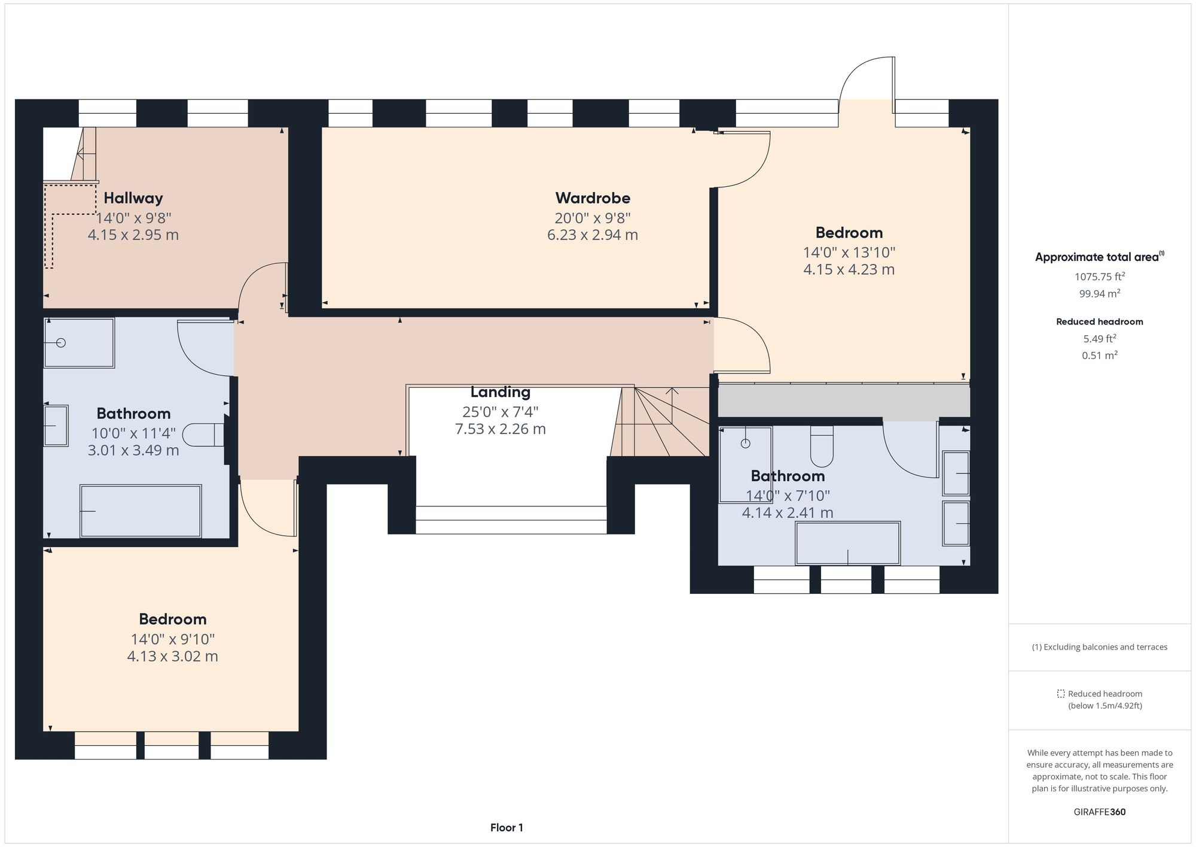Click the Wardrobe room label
point(592,198)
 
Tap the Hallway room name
point(133,198)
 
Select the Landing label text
point(500,392)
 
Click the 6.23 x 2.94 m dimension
point(592,235)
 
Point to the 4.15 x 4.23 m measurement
point(848,270)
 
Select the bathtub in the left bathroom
point(141,511)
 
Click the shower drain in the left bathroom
point(60,343)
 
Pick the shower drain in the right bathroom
point(745,444)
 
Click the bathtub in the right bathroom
point(847,543)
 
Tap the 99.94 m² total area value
point(1099,294)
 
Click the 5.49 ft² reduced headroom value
point(1099,339)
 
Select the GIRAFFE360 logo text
point(1099,812)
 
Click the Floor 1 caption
point(507,828)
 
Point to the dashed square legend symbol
point(1060,694)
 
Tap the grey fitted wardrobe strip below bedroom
point(843,400)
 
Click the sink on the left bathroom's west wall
point(56,426)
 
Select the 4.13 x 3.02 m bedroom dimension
point(172,657)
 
